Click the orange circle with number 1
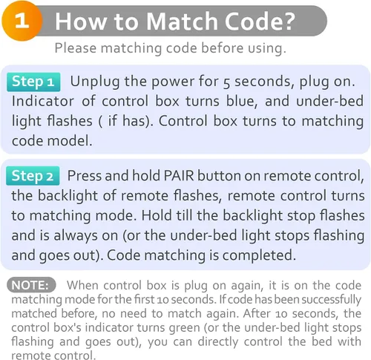coord(22,21)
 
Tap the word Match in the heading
coord(182,22)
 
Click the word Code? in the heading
coord(260,22)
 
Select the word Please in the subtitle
coord(76,48)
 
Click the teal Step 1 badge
coord(33,82)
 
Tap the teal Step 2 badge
coord(33,176)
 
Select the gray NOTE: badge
coord(31,285)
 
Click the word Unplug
coord(95,82)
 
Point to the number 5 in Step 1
coord(226,83)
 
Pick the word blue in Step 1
coord(242,101)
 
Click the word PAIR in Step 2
coord(179,176)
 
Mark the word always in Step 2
coord(76,236)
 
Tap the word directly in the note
coord(218,342)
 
